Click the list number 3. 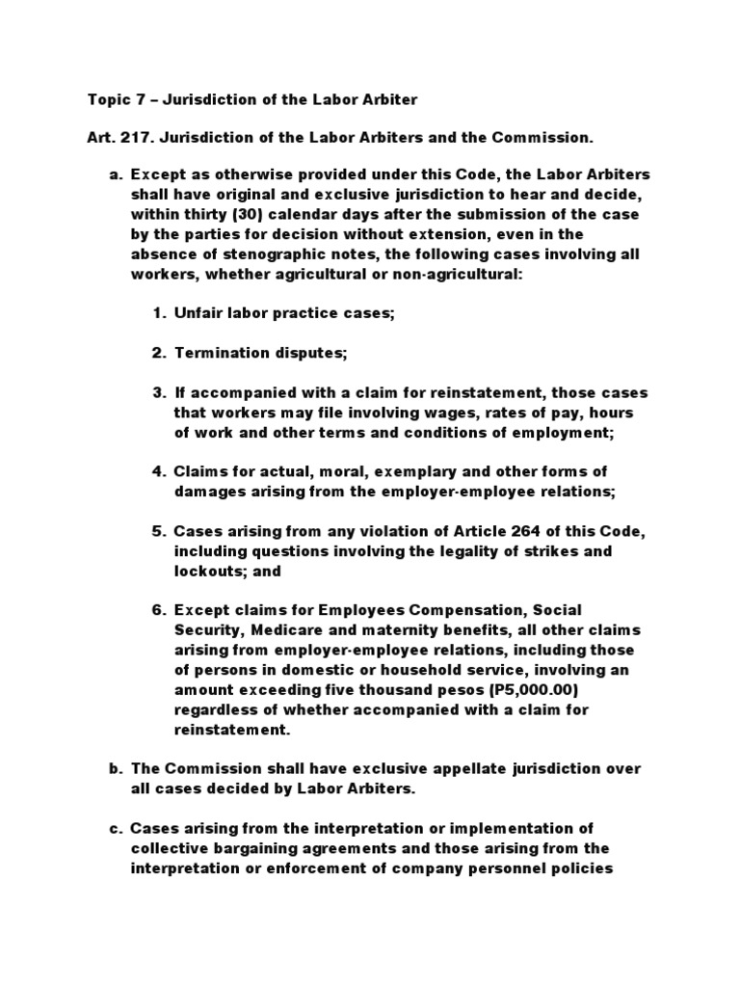(x=159, y=393)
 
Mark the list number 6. (x=159, y=610)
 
